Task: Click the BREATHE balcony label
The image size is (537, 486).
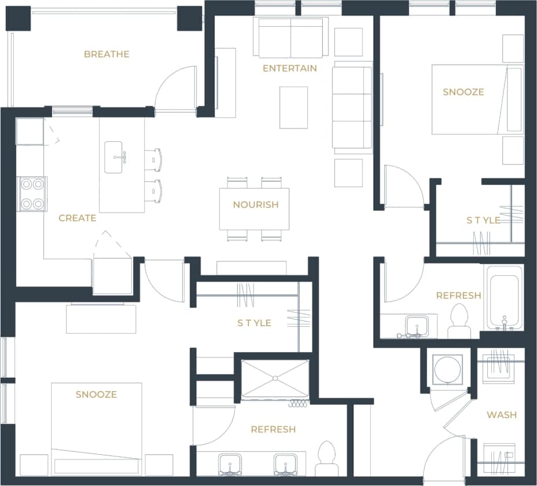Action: coord(106,54)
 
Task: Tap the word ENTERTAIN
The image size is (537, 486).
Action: coord(289,68)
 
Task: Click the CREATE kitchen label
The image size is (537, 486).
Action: coord(77,218)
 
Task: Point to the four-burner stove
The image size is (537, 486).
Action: coord(32,194)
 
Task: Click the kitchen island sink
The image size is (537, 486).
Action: coord(113,157)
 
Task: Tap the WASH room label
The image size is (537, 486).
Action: coord(501,415)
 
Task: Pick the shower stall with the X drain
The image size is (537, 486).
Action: coord(275,379)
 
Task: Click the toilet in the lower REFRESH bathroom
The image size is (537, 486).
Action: coord(327,458)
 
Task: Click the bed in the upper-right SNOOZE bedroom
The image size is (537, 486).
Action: coord(476,99)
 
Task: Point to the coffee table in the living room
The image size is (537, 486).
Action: coord(293,107)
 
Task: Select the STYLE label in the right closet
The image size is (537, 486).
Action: coord(483,220)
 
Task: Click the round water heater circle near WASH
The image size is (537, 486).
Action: coord(448,368)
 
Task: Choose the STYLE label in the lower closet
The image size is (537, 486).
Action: coord(254,323)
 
